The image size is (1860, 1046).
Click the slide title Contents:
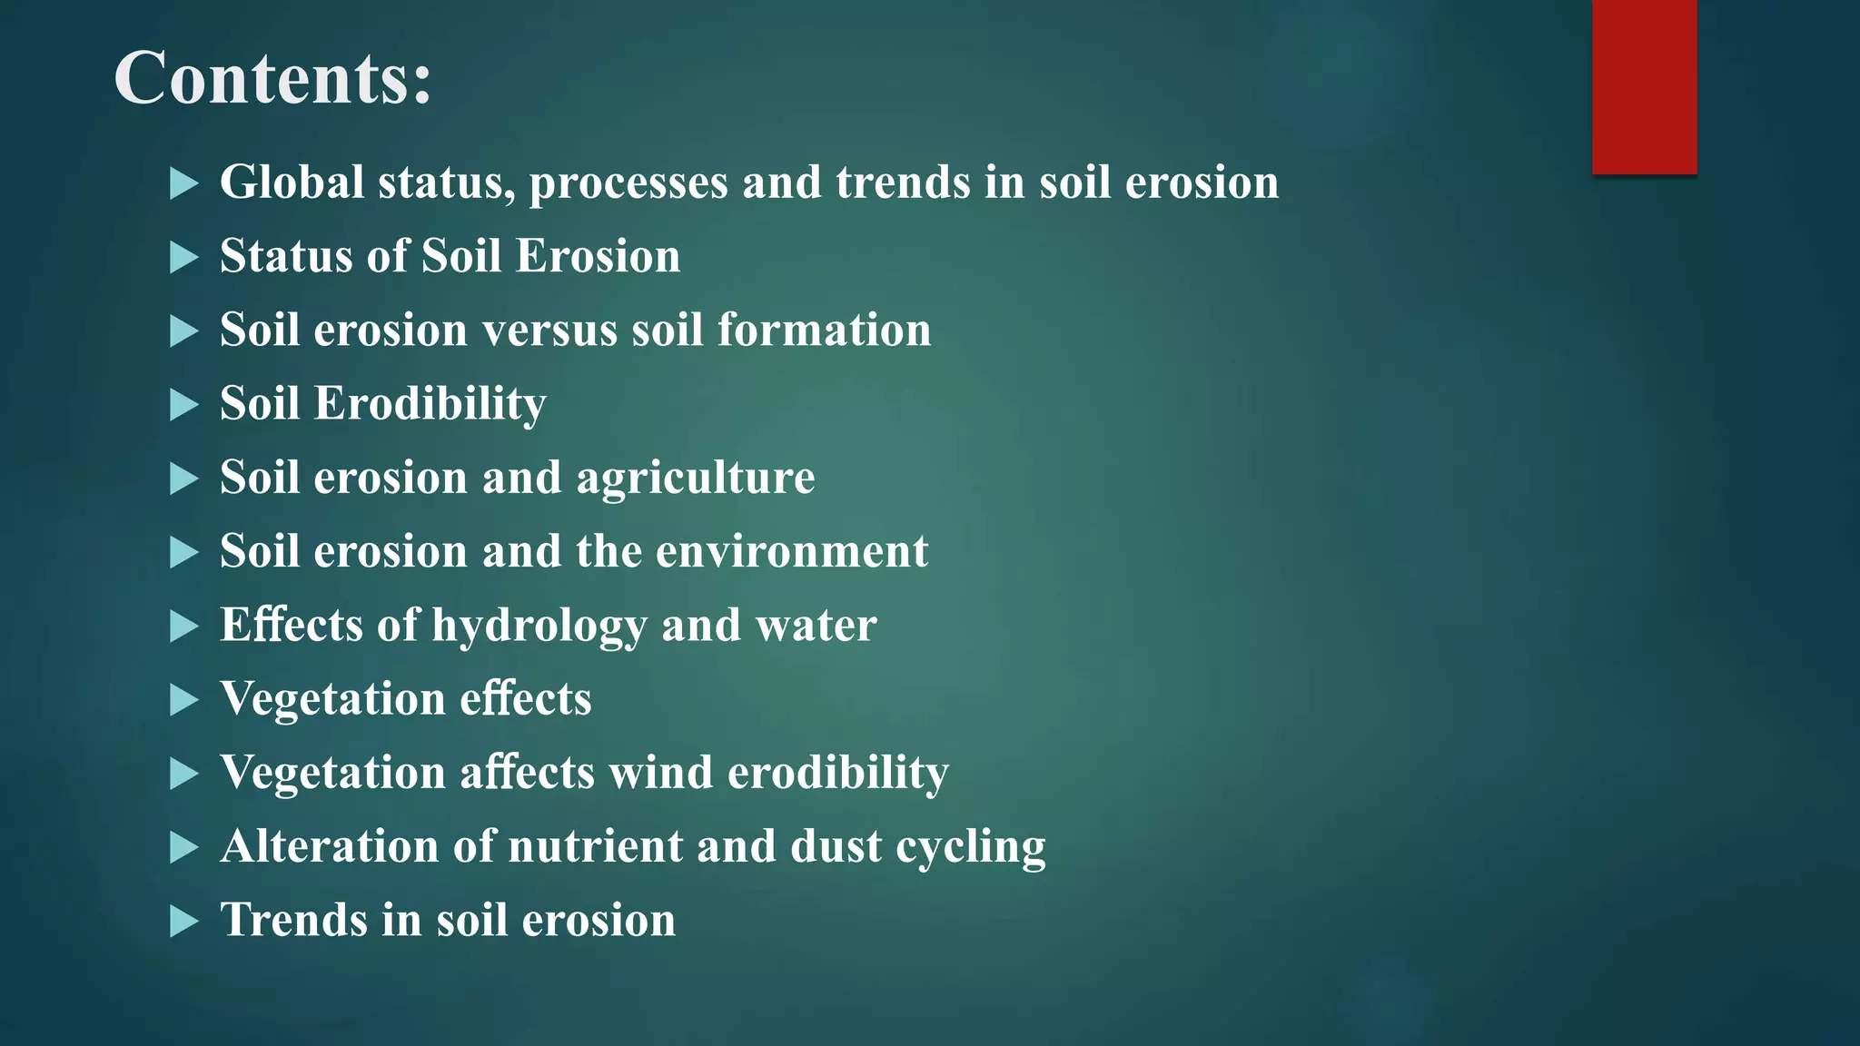tap(272, 79)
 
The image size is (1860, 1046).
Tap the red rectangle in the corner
tap(1644, 86)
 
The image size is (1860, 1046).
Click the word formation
tap(824, 330)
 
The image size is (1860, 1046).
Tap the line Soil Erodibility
tap(382, 404)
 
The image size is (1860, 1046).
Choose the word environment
tap(792, 551)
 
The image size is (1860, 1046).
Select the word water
tap(816, 626)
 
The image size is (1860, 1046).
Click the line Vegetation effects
tap(405, 699)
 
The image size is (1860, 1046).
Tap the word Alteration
tap(330, 846)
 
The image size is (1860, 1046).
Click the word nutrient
tap(594, 846)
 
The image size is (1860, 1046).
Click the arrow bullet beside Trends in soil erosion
tap(183, 922)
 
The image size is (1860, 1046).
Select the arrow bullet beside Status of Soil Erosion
tap(183, 258)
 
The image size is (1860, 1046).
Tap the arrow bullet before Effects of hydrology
tap(183, 627)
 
